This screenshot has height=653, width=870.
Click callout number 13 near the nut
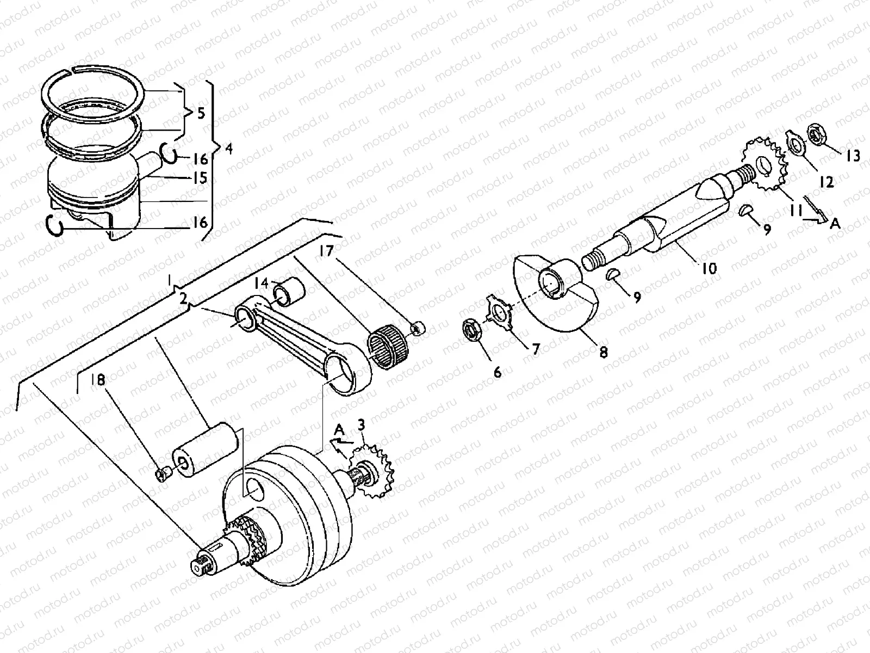click(853, 156)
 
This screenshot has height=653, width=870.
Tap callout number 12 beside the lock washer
click(826, 182)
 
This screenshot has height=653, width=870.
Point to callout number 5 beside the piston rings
click(201, 114)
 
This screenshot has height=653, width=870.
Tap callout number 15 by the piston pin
click(201, 178)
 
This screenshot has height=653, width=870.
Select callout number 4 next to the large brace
click(228, 148)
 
